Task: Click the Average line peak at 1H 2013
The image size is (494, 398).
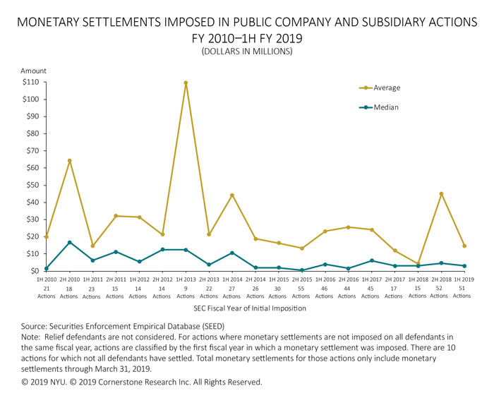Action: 186,83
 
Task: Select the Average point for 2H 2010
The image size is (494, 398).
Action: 69,161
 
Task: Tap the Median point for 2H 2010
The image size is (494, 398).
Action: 69,242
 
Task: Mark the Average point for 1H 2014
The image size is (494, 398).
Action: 231,195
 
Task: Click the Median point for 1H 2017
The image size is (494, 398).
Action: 370,260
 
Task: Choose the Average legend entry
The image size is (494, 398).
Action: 386,88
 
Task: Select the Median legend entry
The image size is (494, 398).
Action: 385,108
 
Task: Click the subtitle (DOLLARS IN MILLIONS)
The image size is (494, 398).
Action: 247,51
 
